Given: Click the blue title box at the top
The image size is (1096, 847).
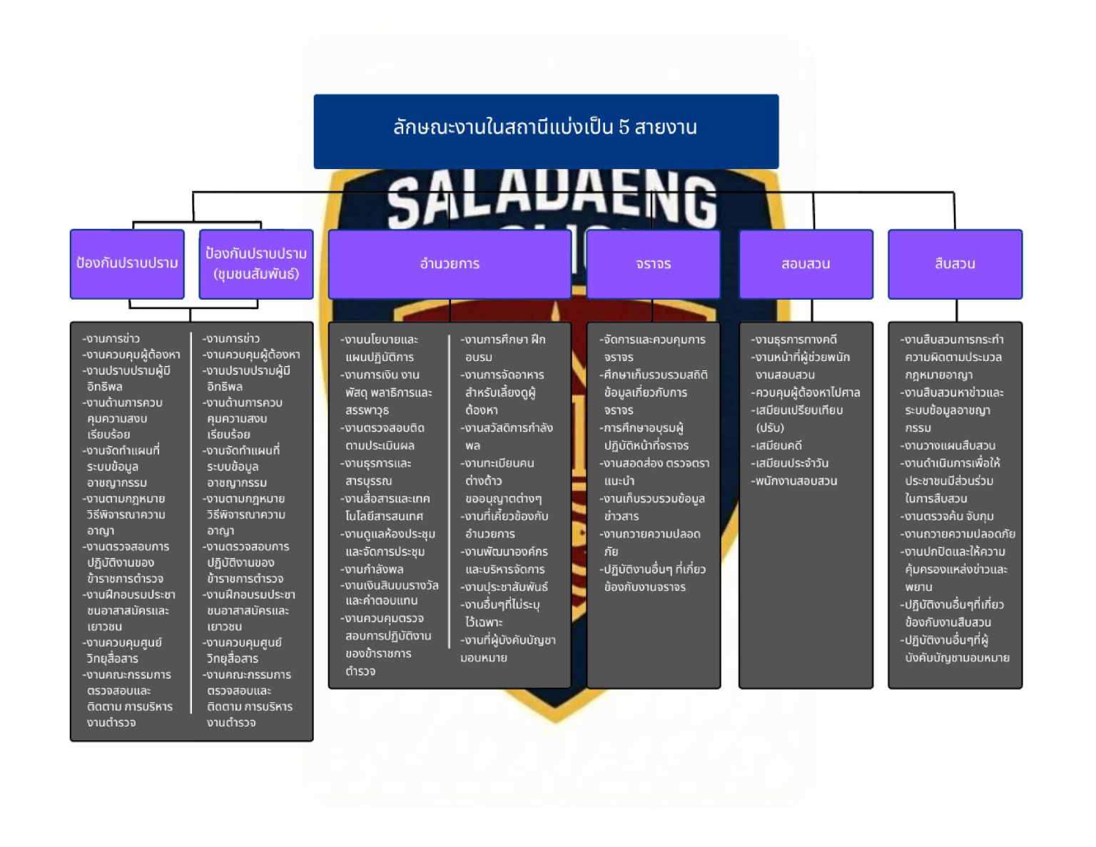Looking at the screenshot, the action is [546, 131].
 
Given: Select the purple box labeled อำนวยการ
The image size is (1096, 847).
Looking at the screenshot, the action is [450, 264].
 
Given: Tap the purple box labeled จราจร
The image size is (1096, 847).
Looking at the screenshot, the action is [653, 264].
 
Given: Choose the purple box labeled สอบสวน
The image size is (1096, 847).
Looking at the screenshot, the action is [806, 264].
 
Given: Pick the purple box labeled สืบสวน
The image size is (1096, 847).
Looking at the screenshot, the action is [955, 264].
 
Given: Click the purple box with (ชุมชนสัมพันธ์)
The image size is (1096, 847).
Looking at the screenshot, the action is [256, 264].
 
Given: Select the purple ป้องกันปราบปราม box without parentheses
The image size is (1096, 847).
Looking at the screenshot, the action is [127, 264].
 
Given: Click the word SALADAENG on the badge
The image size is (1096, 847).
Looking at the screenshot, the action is [552, 202].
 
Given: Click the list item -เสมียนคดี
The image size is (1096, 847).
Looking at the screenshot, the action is [776, 446].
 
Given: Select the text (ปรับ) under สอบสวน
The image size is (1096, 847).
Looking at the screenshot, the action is [770, 427].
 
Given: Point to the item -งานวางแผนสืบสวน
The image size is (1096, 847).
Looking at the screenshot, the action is [948, 446].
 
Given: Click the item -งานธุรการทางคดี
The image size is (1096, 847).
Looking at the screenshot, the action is [794, 340].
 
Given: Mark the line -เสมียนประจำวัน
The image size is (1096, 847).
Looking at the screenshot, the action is [789, 463].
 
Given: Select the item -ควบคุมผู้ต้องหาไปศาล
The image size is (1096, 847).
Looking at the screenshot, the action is [806, 392].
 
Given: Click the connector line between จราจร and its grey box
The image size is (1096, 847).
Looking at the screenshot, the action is [652, 310].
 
